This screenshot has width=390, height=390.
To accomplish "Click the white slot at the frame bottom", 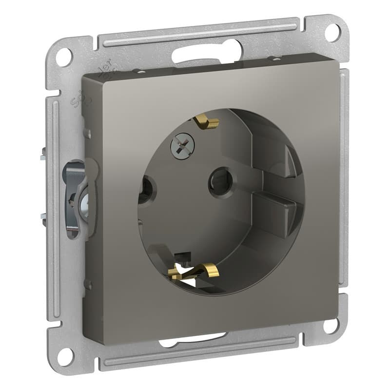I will pyautogui.click(x=195, y=339).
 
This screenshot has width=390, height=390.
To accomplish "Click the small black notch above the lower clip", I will pyautogui.click(x=183, y=256).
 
